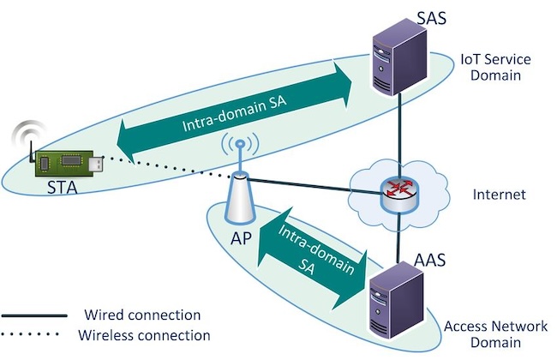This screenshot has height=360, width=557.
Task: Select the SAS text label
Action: point(402,15)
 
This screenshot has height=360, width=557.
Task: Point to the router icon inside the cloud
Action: point(397,195)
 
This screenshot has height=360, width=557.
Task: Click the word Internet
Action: point(498,195)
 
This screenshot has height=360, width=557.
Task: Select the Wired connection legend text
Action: point(142,315)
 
